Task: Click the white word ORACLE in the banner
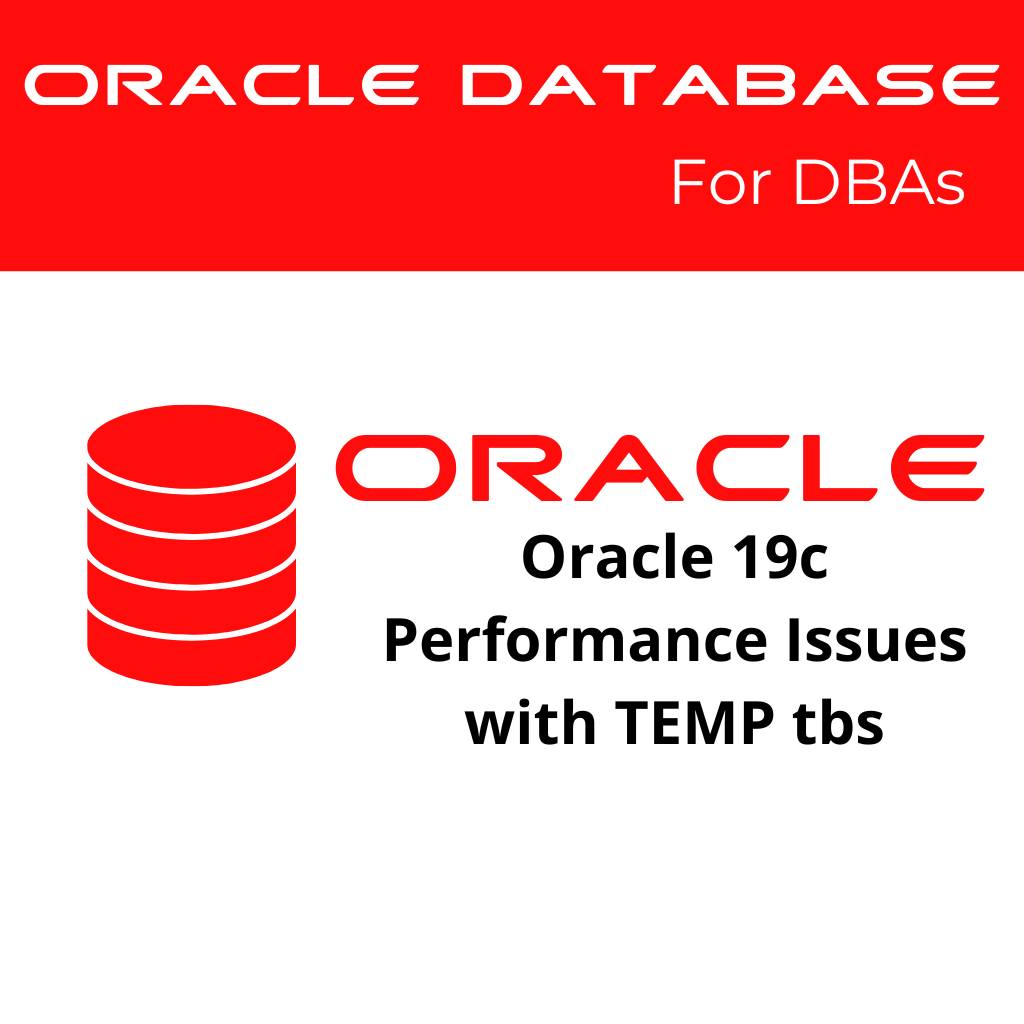click(220, 86)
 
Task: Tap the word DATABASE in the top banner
click(729, 86)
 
